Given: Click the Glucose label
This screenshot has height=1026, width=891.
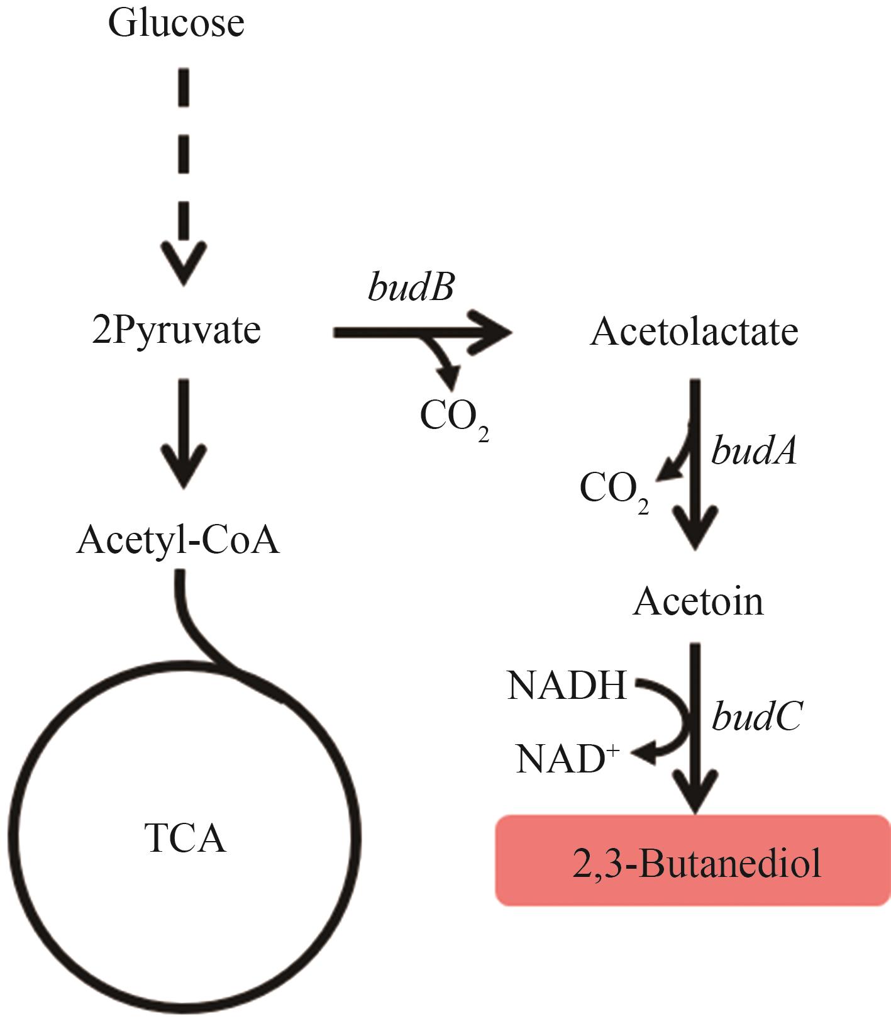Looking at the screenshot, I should (x=176, y=23).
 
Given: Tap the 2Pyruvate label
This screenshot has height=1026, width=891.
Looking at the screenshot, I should (x=176, y=330).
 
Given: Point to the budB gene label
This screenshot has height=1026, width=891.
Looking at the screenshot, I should (x=411, y=288).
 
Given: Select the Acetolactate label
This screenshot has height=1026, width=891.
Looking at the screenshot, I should (x=694, y=332).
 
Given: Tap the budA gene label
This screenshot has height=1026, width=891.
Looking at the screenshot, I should (x=754, y=451).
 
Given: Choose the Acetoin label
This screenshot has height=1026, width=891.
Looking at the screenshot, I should (x=698, y=601).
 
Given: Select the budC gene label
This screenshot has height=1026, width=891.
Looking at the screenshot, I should (x=756, y=717).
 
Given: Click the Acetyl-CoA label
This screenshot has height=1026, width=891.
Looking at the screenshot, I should (x=177, y=540).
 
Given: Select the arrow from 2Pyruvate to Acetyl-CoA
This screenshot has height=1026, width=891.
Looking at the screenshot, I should (x=184, y=434).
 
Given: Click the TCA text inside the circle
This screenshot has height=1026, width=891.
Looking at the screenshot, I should (x=185, y=838).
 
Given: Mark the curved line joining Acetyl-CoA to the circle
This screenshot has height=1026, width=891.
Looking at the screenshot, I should (x=192, y=629).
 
